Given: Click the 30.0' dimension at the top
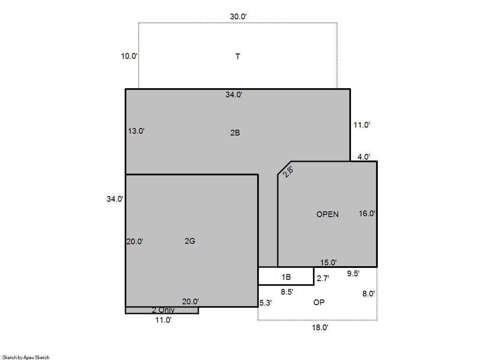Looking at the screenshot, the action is (x=238, y=17).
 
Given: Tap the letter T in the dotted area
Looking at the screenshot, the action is (x=238, y=57).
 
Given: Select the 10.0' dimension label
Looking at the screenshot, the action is (x=129, y=56).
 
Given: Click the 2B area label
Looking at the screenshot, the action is (x=235, y=133).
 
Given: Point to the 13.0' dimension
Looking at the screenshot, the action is (x=136, y=131).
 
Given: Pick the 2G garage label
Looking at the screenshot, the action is (x=190, y=241).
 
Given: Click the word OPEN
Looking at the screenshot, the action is (x=327, y=214).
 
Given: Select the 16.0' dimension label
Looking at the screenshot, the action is (x=367, y=214).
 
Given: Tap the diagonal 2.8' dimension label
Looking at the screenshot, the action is (x=288, y=172).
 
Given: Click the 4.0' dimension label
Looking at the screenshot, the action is (x=364, y=157).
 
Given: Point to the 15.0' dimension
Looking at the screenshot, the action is (x=329, y=263).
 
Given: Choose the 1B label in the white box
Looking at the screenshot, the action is (x=286, y=277).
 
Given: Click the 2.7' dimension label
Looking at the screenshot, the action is (x=323, y=278).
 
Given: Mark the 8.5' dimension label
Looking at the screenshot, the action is (x=287, y=292).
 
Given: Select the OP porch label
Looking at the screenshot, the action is (x=319, y=303).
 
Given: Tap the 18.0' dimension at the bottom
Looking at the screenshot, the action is (x=320, y=328).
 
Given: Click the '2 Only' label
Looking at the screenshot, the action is (x=163, y=310).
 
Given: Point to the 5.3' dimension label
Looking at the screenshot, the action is (x=265, y=303).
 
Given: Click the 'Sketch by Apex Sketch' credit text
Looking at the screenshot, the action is (x=26, y=357).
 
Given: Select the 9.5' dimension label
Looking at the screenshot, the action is (x=353, y=274).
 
